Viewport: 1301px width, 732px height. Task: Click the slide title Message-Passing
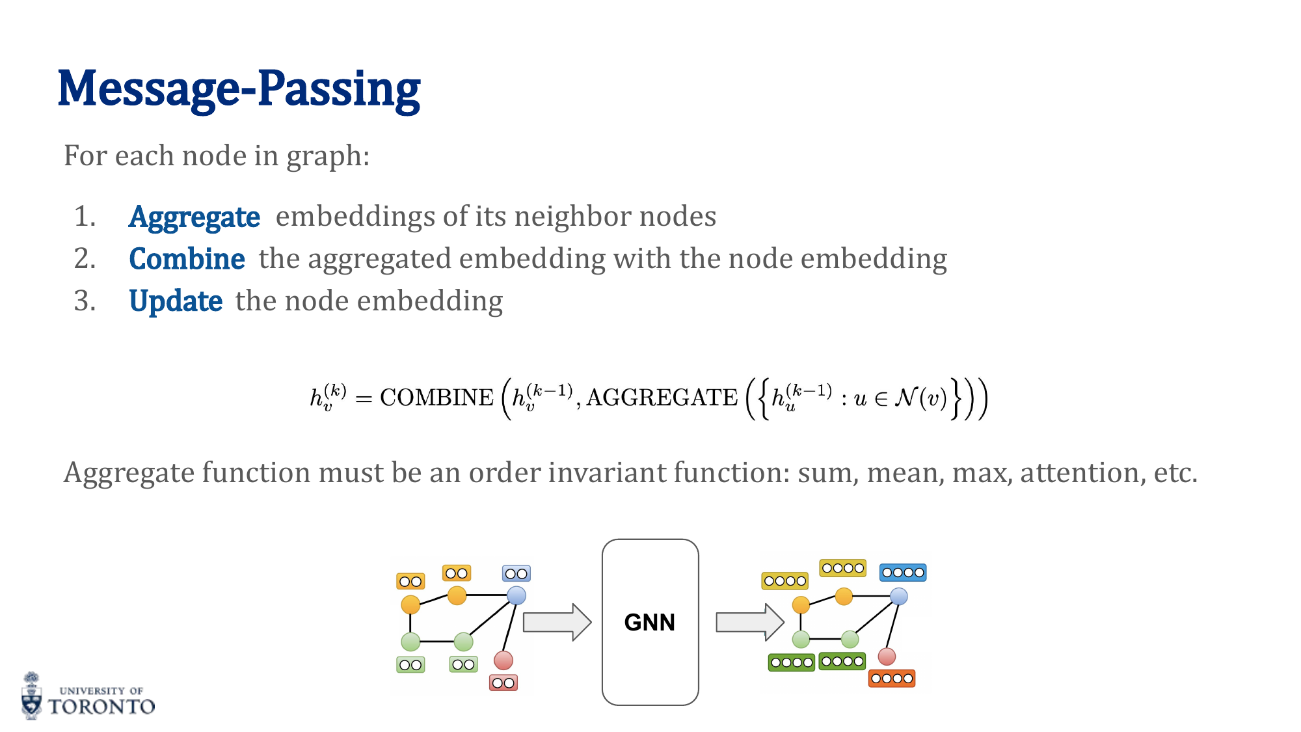pyautogui.click(x=239, y=89)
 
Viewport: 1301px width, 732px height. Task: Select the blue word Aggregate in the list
pyautogui.click(x=194, y=217)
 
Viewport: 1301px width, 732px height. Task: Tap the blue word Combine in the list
pyautogui.click(x=187, y=259)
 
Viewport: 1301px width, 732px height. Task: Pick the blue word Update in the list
pyautogui.click(x=176, y=301)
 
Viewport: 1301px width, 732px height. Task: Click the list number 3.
pyautogui.click(x=84, y=301)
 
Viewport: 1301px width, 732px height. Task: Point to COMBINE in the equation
pyautogui.click(x=436, y=398)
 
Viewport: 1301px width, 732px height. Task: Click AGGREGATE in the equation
pyautogui.click(x=662, y=398)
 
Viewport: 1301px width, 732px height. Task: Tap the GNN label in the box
pyautogui.click(x=649, y=623)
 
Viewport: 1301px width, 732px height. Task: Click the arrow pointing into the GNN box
pyautogui.click(x=557, y=622)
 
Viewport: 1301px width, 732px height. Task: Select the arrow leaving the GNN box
pyautogui.click(x=749, y=622)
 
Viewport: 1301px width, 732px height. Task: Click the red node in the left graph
pyautogui.click(x=503, y=660)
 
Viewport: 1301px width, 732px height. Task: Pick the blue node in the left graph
pyautogui.click(x=516, y=595)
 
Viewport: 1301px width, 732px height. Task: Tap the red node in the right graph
pyautogui.click(x=887, y=656)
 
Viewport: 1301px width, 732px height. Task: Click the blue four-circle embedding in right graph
pyautogui.click(x=903, y=573)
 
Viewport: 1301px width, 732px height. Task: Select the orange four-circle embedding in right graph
pyautogui.click(x=892, y=679)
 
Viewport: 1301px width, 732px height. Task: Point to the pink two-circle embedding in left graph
pyautogui.click(x=503, y=683)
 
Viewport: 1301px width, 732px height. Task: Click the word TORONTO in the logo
pyautogui.click(x=101, y=707)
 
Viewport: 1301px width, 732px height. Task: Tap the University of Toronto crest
pyautogui.click(x=31, y=696)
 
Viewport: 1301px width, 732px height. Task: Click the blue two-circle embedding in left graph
pyautogui.click(x=516, y=573)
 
